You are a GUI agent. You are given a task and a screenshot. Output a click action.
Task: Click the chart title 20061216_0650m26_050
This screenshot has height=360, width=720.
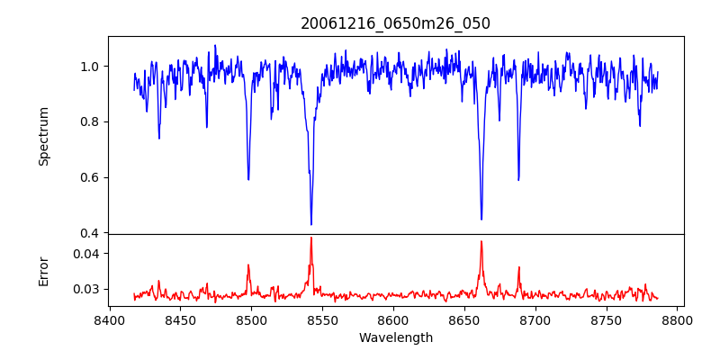pos(395,23)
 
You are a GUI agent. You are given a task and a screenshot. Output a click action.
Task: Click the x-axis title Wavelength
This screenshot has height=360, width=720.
pos(395,337)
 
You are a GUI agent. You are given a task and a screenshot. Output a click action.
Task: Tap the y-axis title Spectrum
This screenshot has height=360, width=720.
pos(43,136)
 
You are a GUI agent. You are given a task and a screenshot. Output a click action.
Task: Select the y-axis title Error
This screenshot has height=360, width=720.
pos(43,270)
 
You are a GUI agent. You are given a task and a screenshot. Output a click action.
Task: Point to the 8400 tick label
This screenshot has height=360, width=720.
pos(109,320)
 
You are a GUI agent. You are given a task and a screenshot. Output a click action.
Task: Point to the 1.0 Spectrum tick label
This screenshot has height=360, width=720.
pos(88,67)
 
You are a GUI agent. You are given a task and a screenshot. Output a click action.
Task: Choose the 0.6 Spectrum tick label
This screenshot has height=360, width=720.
pos(88,177)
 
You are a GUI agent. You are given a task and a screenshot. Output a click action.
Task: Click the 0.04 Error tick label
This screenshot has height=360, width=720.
pos(85,254)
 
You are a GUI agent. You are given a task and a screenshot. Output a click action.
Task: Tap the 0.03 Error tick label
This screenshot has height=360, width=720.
pos(85,290)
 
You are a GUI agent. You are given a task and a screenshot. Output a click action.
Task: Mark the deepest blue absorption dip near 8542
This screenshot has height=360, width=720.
pos(311,224)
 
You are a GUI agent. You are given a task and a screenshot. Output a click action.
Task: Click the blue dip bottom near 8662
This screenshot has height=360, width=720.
pos(481,219)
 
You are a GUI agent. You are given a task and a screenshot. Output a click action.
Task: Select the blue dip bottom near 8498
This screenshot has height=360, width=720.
pos(248,180)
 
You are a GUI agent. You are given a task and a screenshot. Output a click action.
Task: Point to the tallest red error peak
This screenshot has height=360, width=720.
pos(311,238)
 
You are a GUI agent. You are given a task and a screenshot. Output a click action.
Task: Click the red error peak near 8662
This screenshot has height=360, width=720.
pos(481,241)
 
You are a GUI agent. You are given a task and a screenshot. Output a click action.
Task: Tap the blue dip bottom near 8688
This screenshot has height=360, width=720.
pos(518,180)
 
